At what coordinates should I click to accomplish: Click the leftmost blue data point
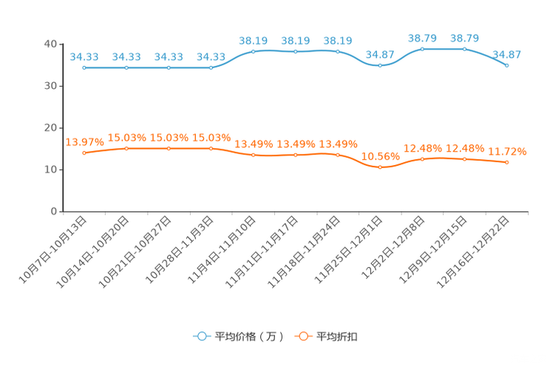(x=84, y=67)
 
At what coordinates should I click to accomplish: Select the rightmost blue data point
(x=507, y=65)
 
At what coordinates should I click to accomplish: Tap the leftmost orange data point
(x=84, y=152)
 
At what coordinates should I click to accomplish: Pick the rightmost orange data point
(x=507, y=161)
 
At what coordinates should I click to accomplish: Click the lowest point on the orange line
(x=380, y=167)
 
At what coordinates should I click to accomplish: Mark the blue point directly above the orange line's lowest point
(x=380, y=65)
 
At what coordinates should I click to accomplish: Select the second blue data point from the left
(x=126, y=67)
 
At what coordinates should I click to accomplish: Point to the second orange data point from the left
(x=126, y=148)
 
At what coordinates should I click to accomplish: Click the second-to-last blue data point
(x=465, y=49)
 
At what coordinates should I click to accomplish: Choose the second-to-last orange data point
(x=465, y=159)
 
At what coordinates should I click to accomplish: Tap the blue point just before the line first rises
(x=211, y=67)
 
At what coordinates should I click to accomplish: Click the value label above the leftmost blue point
(x=84, y=55)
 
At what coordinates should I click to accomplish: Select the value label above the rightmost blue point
(x=507, y=53)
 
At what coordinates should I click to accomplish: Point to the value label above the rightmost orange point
(x=507, y=151)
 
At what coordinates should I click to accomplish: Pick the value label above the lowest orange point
(x=380, y=156)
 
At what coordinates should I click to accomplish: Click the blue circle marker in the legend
(x=202, y=336)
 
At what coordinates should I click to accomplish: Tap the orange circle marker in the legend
(x=303, y=336)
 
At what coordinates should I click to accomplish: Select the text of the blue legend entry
(x=248, y=337)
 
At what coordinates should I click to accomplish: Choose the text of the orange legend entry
(x=337, y=337)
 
